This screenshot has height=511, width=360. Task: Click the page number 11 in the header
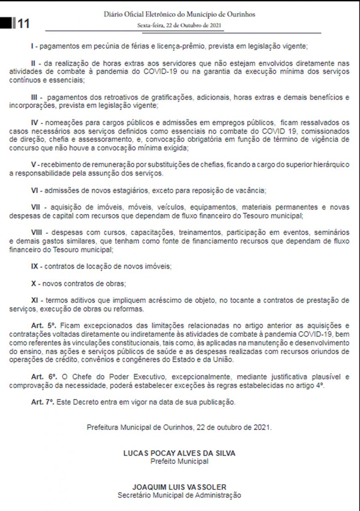24,24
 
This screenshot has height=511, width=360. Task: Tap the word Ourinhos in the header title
239,14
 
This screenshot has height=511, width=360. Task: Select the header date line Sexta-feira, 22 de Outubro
179,25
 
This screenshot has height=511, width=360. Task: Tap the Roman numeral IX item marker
36,266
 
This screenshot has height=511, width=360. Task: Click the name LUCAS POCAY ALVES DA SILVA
179,454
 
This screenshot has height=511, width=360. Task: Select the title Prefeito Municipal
179,461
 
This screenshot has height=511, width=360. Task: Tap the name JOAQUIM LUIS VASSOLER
179,487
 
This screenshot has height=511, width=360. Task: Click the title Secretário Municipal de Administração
179,495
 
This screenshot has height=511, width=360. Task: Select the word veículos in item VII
170,207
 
